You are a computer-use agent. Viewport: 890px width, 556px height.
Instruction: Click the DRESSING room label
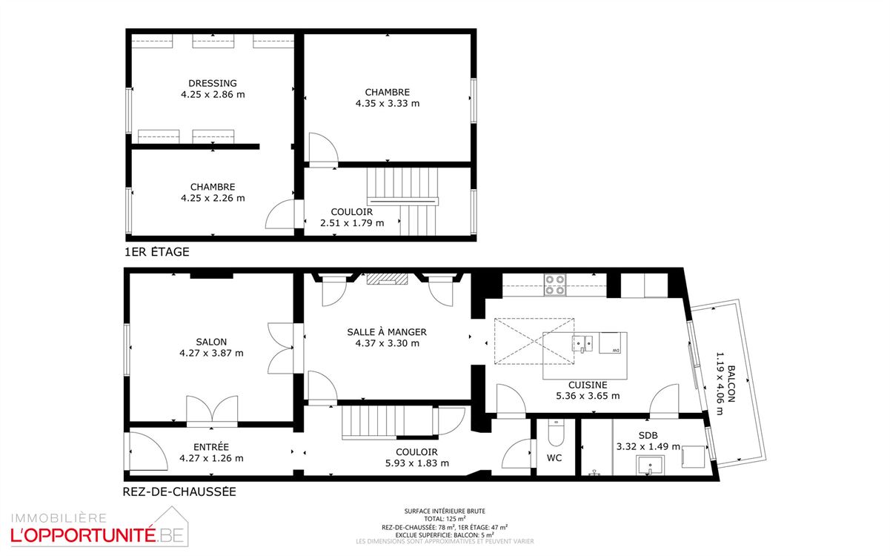212,83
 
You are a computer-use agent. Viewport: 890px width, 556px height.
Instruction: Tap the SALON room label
211,342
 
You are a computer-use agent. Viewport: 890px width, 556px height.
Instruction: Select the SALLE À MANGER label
387,331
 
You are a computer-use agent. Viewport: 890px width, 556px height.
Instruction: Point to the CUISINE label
588,385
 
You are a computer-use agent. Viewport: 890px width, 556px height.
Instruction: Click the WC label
554,457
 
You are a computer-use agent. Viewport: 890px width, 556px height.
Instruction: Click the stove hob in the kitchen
555,285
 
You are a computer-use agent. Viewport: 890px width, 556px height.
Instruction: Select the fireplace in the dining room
387,279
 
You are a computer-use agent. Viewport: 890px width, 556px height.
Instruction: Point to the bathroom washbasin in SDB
650,465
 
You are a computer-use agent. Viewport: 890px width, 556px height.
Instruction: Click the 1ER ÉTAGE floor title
157,252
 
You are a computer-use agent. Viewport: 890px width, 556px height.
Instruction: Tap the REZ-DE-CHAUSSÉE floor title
179,492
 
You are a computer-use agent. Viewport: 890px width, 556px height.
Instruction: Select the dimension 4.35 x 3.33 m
387,103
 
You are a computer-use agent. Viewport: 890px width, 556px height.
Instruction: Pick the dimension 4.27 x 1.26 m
211,458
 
